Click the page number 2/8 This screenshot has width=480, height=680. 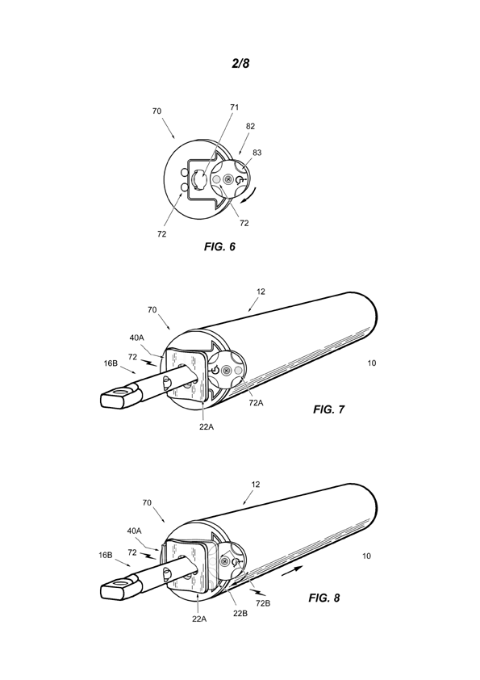(x=240, y=63)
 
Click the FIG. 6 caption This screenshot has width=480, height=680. (x=219, y=247)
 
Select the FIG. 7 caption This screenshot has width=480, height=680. (x=329, y=409)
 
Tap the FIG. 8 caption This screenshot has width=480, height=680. (x=324, y=598)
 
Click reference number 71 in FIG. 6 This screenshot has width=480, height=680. (x=235, y=107)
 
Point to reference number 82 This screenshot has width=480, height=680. (x=250, y=126)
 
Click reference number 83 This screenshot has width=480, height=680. (x=257, y=153)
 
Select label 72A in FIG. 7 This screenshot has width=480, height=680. (x=256, y=402)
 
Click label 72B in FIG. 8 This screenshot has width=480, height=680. (x=263, y=603)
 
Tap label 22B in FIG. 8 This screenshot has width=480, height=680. (x=240, y=614)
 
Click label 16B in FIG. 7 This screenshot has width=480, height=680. (x=111, y=363)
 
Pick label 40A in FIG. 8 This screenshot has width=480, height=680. (x=134, y=531)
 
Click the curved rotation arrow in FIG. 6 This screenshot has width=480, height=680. (x=250, y=196)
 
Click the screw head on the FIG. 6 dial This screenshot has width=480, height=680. (x=228, y=178)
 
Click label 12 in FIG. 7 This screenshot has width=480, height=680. (x=261, y=292)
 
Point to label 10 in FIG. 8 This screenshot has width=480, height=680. (x=366, y=556)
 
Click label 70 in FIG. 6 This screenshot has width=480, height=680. (x=157, y=111)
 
